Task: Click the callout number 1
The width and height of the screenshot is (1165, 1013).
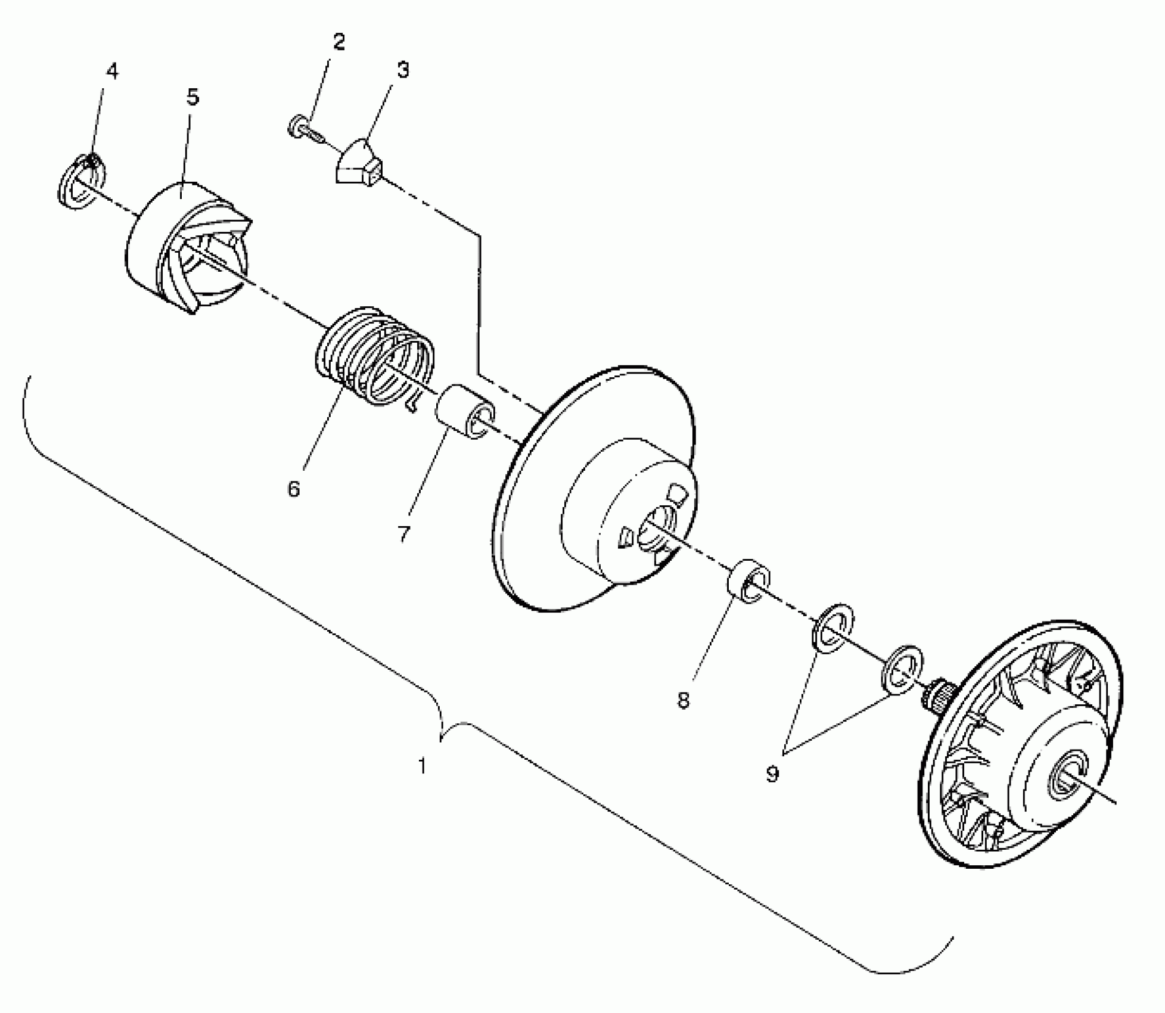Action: pyautogui.click(x=422, y=766)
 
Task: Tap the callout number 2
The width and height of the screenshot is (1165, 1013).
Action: pyautogui.click(x=338, y=42)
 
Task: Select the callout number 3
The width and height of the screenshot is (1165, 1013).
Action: pyautogui.click(x=403, y=70)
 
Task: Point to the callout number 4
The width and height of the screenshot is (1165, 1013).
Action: pyautogui.click(x=112, y=72)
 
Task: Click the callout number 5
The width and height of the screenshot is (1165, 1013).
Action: pyautogui.click(x=192, y=97)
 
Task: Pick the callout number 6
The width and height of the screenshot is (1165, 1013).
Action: pyautogui.click(x=294, y=489)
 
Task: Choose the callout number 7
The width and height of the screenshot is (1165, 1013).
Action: pyautogui.click(x=405, y=533)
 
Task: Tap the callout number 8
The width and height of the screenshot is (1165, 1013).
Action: pyautogui.click(x=684, y=700)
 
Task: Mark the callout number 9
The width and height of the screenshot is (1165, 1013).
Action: pyautogui.click(x=772, y=774)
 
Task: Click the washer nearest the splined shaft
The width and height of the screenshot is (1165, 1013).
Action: pyautogui.click(x=902, y=669)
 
